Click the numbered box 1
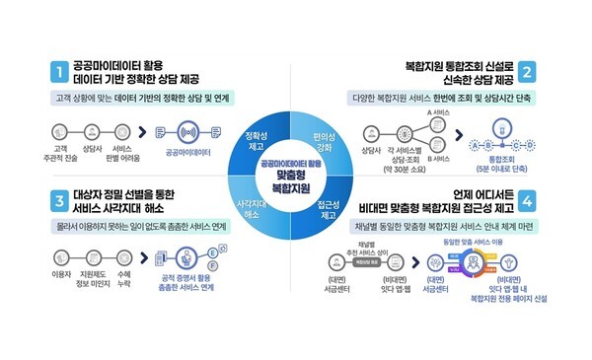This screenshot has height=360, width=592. click(59, 71)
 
